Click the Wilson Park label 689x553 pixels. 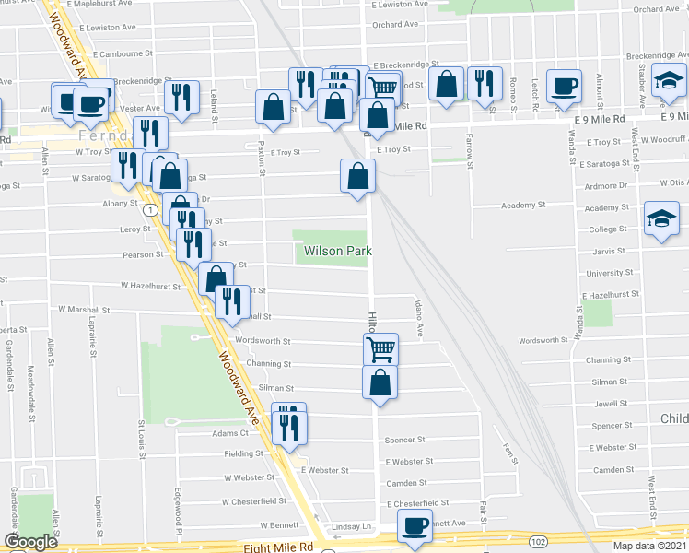333,251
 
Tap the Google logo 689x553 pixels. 31,543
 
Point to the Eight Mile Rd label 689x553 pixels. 279,547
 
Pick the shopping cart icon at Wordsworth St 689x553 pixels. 380,349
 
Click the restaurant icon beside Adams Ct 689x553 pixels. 289,426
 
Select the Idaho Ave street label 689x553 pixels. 419,318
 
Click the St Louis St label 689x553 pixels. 143,437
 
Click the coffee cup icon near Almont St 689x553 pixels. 564,87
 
